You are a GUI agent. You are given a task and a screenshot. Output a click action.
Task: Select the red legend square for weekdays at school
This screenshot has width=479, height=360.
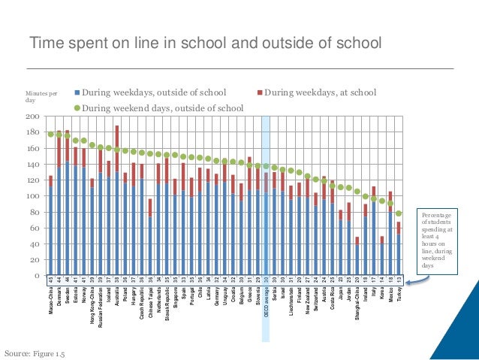point(260,93)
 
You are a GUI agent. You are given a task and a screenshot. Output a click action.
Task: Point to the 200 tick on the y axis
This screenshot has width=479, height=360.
point(32,117)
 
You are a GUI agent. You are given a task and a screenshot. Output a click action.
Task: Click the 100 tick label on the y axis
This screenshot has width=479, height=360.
point(32,197)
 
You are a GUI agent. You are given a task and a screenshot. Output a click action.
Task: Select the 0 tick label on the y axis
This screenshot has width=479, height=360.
point(35,277)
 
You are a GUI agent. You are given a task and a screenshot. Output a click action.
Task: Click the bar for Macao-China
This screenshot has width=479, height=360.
point(50,225)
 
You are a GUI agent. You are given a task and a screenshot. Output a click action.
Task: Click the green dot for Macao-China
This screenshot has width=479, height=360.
point(50,135)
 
